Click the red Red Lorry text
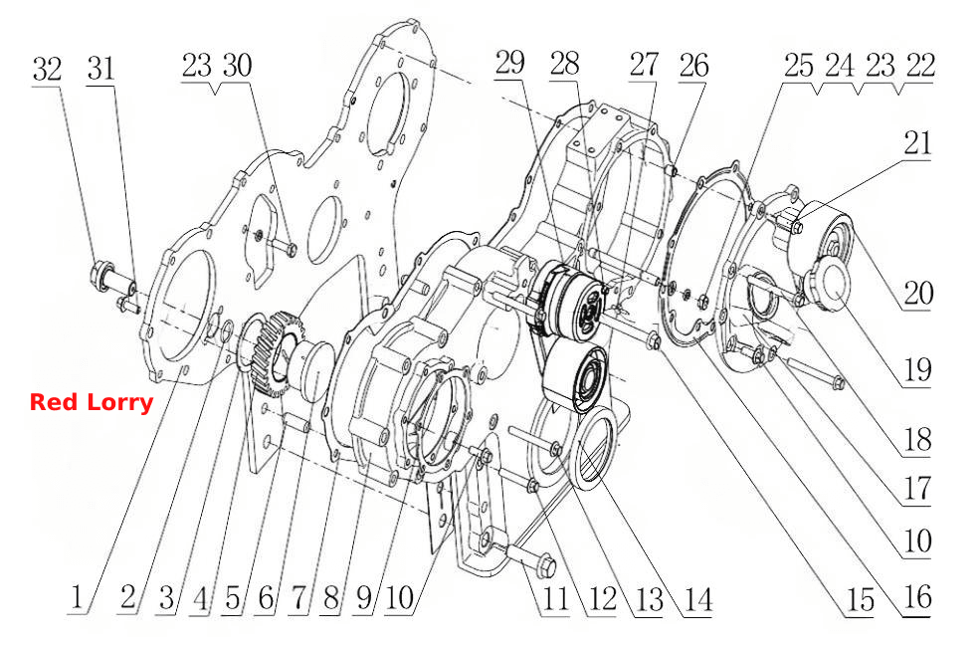pyautogui.click(x=92, y=402)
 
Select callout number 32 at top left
pyautogui.click(x=48, y=70)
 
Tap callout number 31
pyautogui.click(x=101, y=68)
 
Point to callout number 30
pyautogui.click(x=238, y=66)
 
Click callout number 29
pyautogui.click(x=509, y=63)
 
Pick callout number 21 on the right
pyautogui.click(x=917, y=143)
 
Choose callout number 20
pyautogui.click(x=918, y=293)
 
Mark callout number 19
pyautogui.click(x=918, y=370)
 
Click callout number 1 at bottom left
pyautogui.click(x=77, y=597)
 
